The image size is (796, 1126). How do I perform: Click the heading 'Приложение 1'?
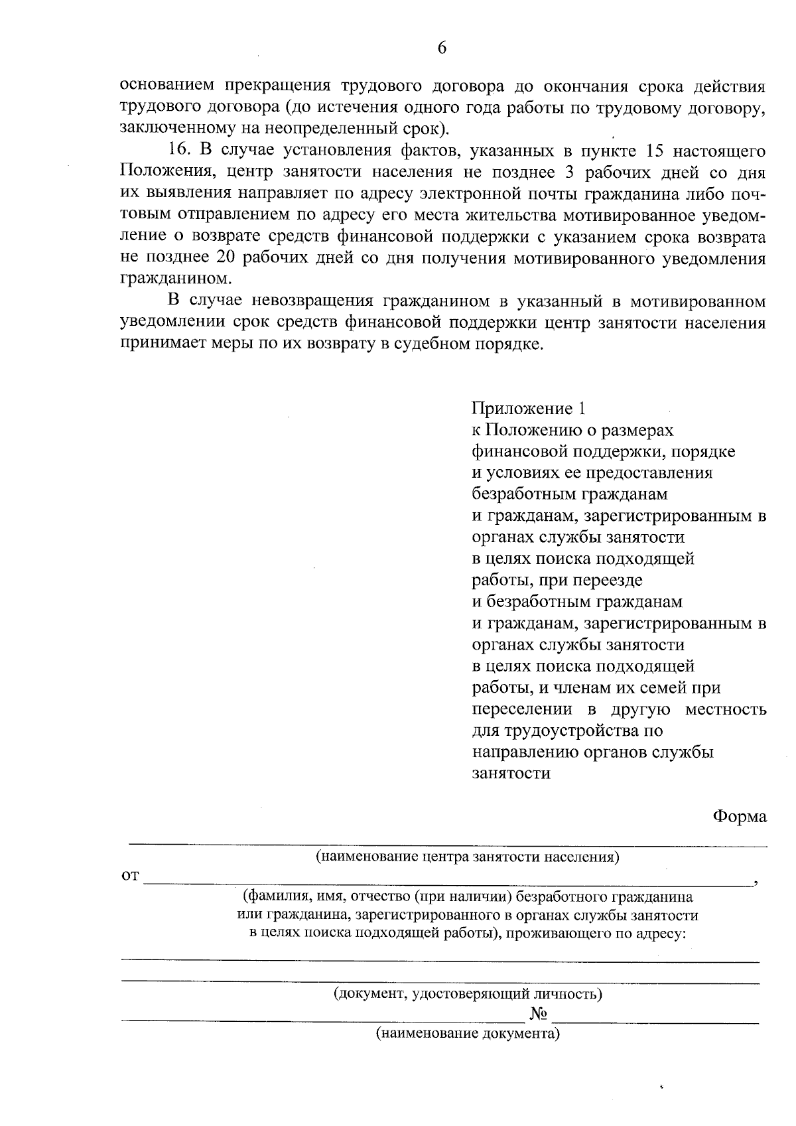[529, 408]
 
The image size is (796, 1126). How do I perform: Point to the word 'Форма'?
[740, 816]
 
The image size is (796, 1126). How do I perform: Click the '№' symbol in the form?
[539, 1014]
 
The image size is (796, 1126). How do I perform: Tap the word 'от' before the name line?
[130, 877]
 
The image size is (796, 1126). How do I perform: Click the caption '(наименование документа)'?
[468, 1033]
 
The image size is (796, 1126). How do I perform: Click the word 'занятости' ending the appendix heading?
[511, 774]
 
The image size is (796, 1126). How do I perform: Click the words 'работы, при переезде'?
[557, 581]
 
